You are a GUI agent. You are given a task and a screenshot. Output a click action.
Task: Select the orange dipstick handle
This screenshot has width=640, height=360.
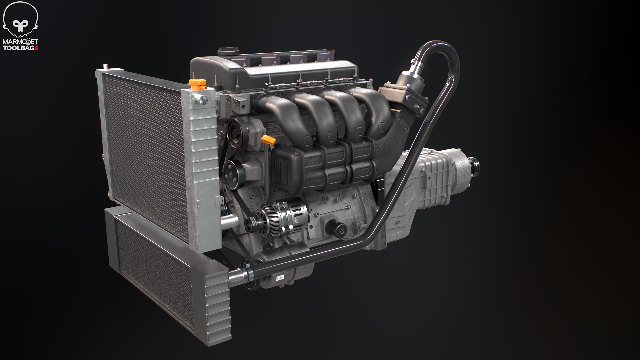click(268, 140)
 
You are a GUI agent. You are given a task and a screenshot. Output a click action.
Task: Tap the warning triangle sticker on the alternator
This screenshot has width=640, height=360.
click(295, 221)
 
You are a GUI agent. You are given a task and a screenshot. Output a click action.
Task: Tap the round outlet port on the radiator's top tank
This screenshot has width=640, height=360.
click(202, 99)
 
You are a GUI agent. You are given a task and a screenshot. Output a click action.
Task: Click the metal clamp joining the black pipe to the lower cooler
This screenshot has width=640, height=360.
click(249, 274)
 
